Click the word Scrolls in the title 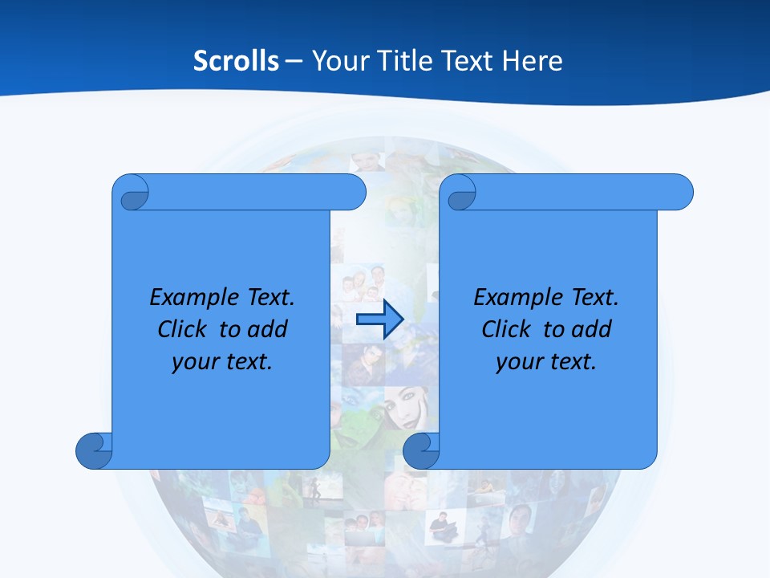pos(236,61)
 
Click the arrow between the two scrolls pos(379,320)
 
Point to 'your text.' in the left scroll pos(222,362)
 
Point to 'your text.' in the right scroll pos(546,362)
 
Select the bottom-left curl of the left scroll pos(93,450)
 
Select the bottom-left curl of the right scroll pos(421,450)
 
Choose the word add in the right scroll pos(592,330)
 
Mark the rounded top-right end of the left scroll pos(353,192)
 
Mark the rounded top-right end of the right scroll pos(680,192)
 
